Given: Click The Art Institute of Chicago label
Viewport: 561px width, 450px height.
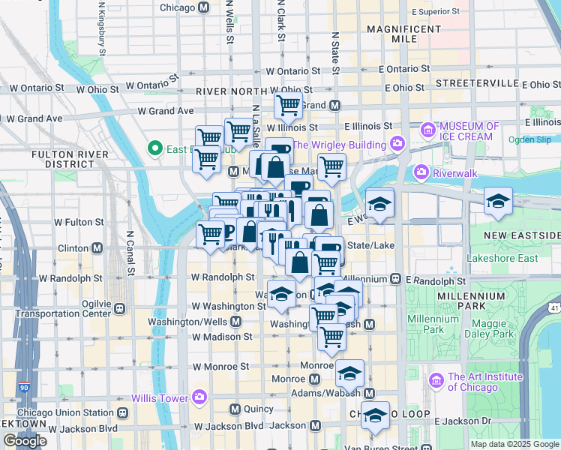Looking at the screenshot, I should click(x=484, y=382).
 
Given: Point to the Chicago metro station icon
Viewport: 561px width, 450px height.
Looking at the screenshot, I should click(x=203, y=7).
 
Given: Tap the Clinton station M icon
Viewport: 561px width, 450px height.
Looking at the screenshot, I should click(x=97, y=248).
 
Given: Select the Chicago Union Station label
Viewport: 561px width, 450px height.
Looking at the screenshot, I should click(x=64, y=412).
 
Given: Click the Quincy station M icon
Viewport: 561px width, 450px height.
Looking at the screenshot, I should click(x=235, y=409).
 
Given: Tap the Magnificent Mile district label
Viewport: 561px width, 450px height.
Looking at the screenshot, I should click(x=402, y=34).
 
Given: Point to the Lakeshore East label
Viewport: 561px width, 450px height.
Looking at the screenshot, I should click(x=502, y=259).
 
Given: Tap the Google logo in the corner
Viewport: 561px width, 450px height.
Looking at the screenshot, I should click(x=25, y=440).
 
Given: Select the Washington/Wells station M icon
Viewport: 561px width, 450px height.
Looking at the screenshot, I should click(x=235, y=322).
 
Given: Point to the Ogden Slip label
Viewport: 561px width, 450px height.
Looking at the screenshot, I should click(x=533, y=139).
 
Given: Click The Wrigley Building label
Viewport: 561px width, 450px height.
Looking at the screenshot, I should click(x=337, y=145).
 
